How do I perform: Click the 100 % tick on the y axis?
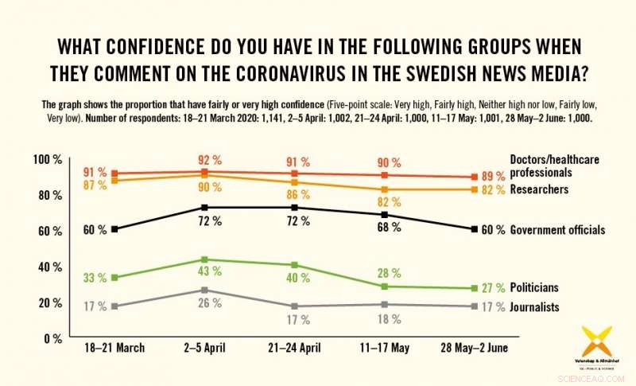point(46,160)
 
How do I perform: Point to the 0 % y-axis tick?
point(52,337)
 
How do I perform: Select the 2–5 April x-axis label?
point(204,348)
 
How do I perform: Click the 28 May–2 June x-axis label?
point(474,348)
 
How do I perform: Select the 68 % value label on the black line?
point(385,228)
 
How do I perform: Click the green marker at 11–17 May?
point(385,287)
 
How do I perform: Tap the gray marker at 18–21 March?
point(114,306)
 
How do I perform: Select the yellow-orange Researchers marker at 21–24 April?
point(295,183)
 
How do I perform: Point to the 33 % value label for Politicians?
point(95,278)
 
